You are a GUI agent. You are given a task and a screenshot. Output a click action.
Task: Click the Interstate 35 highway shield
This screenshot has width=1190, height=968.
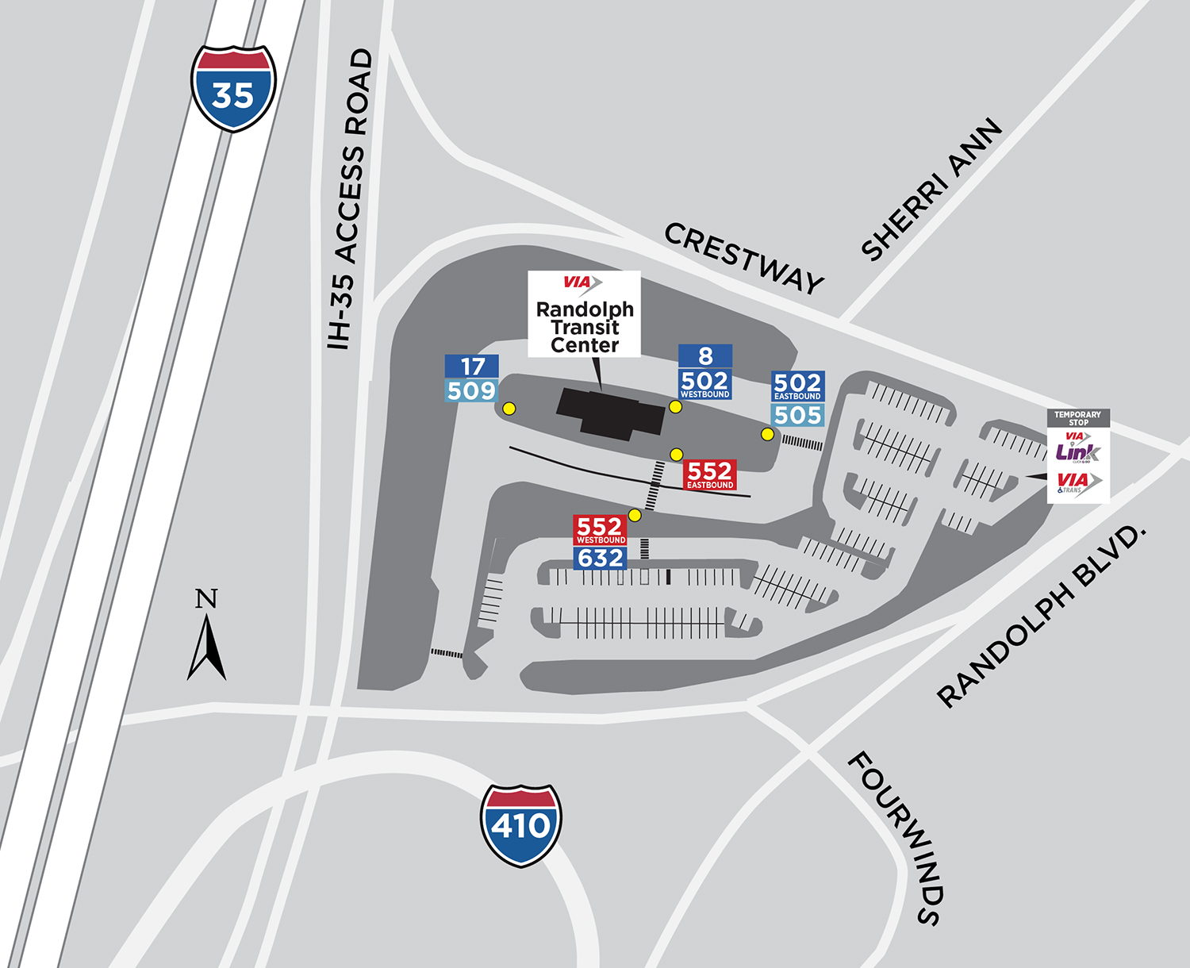point(233,88)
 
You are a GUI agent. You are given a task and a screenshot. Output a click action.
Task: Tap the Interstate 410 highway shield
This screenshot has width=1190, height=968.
point(520,825)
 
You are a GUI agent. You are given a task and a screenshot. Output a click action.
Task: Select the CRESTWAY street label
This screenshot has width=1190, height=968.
point(743,258)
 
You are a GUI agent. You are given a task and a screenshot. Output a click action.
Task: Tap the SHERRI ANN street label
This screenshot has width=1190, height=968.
point(932,190)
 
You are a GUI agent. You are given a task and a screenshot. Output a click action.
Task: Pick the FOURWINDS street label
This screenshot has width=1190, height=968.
point(896,838)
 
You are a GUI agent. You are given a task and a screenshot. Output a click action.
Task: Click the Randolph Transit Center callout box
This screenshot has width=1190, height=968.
point(585,314)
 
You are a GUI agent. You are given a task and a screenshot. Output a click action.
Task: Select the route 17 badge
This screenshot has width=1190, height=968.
point(472,366)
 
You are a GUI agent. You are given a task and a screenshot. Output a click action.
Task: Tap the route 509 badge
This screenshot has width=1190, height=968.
point(472,390)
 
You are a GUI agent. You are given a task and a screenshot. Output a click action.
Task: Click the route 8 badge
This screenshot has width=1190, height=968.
point(705,356)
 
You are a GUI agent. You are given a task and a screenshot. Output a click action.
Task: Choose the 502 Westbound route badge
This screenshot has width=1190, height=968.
point(704,383)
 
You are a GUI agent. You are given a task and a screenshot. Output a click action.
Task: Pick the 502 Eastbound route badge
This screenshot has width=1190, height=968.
point(797,386)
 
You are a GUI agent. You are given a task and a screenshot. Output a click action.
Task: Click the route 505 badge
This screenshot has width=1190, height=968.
point(798,415)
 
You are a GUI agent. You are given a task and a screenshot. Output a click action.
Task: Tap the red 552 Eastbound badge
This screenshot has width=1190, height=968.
point(709,474)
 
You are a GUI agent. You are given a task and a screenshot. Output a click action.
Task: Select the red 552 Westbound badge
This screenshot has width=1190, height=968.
point(601,530)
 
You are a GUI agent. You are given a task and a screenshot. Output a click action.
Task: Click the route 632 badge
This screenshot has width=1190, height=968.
point(601,559)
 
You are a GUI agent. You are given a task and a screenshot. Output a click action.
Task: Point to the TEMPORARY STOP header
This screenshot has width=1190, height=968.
point(1078,418)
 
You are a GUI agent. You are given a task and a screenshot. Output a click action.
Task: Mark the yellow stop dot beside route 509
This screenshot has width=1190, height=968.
point(509,409)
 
